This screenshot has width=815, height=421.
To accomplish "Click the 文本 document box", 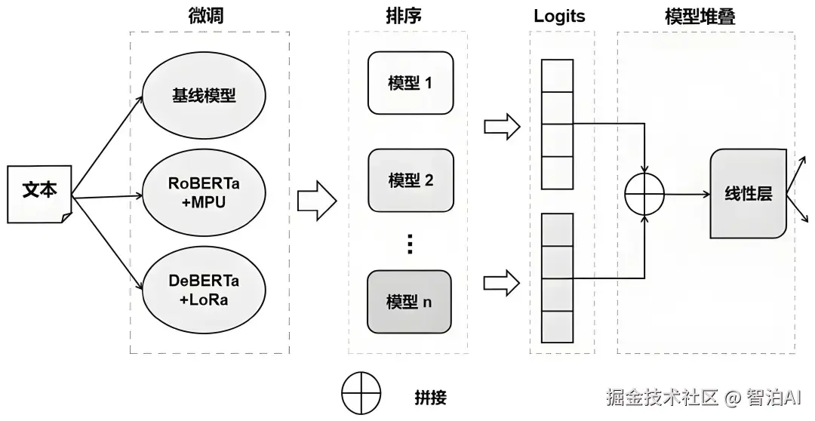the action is [x=39, y=194].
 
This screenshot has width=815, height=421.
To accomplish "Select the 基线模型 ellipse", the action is [x=204, y=96].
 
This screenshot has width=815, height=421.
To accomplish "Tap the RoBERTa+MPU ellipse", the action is [x=204, y=192].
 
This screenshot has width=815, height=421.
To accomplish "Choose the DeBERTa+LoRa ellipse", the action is [x=204, y=290].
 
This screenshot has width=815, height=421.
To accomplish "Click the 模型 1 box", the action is [x=411, y=83].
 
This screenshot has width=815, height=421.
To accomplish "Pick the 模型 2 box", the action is [x=411, y=180].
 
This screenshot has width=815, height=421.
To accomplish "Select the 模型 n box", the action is [x=409, y=302].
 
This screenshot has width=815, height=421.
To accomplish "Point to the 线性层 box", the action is [x=749, y=193].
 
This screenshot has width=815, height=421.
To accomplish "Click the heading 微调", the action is [x=206, y=16].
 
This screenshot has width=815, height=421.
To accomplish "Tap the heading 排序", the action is [x=403, y=16].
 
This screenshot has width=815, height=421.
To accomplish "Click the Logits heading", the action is [x=559, y=16].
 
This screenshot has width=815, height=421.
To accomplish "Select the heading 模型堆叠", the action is [x=700, y=16].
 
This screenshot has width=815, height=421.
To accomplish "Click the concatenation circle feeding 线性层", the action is [x=644, y=195].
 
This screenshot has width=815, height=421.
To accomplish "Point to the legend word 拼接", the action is [x=430, y=398].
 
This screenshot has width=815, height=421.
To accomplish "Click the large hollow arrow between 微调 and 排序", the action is [x=317, y=201].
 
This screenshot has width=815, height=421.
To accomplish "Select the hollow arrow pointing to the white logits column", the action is [x=502, y=126].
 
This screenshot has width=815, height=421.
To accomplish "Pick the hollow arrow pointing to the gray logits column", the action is [x=502, y=283].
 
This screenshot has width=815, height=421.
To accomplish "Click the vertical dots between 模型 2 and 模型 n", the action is [x=410, y=244].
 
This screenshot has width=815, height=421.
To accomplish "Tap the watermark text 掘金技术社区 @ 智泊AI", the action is [x=706, y=397].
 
